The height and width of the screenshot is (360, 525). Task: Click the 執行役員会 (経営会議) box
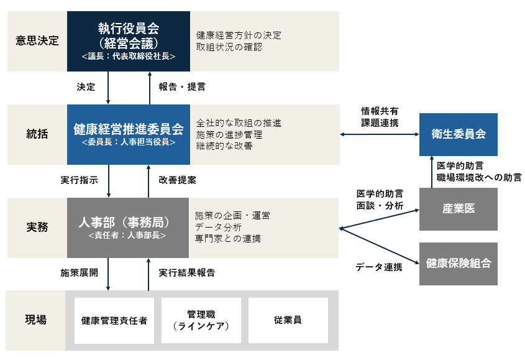point(129,41)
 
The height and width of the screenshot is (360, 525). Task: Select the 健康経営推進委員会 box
point(129,134)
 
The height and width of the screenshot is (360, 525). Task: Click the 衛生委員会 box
point(459,134)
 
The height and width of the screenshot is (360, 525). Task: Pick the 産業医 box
point(459,209)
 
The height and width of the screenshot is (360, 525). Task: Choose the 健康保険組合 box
point(459,264)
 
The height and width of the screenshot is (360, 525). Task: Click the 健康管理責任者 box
point(114,321)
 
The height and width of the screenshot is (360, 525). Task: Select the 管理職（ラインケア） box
point(201,321)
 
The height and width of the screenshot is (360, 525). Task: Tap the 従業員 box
point(288,321)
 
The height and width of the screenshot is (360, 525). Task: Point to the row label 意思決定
point(37,41)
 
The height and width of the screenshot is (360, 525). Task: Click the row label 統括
point(37,134)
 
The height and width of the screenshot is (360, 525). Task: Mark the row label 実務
point(37,228)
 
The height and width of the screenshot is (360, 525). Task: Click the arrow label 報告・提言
point(181,86)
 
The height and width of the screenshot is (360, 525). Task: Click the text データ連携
point(378,267)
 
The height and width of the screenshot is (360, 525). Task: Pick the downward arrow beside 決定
point(109,87)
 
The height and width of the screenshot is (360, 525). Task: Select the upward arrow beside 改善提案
point(149,180)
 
